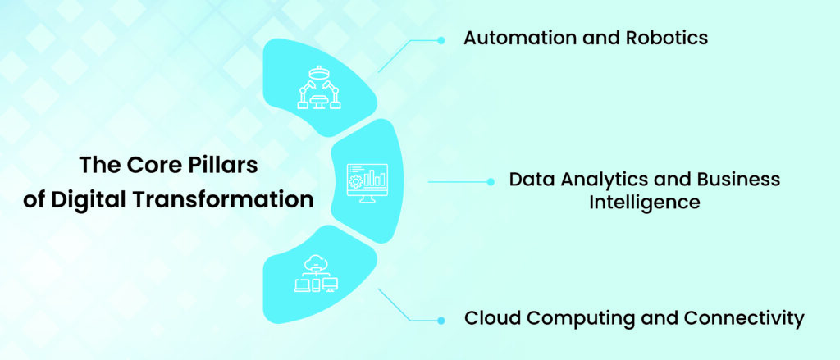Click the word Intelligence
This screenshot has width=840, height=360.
pos(644,202)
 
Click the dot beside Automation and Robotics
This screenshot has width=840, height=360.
pos(441,39)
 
